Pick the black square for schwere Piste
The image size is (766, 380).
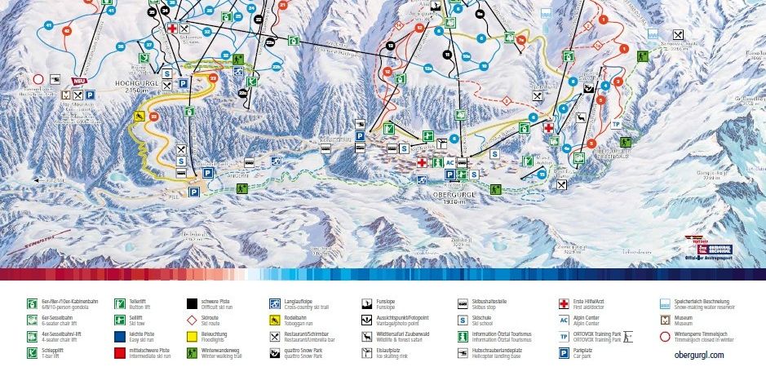pos(192,303)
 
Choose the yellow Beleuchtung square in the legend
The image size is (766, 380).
pos(192,335)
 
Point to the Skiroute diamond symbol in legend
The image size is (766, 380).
pos(192,319)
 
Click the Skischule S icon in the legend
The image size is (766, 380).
pos(463,319)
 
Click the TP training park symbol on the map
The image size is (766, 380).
pos(617,125)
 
